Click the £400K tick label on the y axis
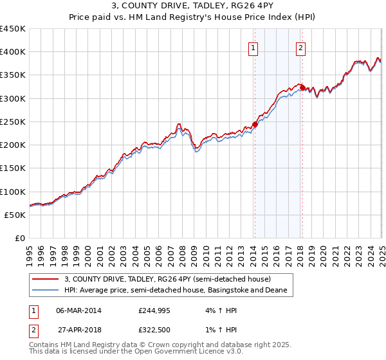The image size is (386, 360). pos(13,52)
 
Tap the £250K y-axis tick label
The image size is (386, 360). pos(13,122)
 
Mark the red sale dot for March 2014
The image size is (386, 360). pos(255,124)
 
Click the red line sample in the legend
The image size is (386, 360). pos(46,279)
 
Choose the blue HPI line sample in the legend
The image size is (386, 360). pos(46,291)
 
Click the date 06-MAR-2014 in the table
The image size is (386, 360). pos(78,310)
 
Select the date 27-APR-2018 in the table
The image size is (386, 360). pos(78,328)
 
